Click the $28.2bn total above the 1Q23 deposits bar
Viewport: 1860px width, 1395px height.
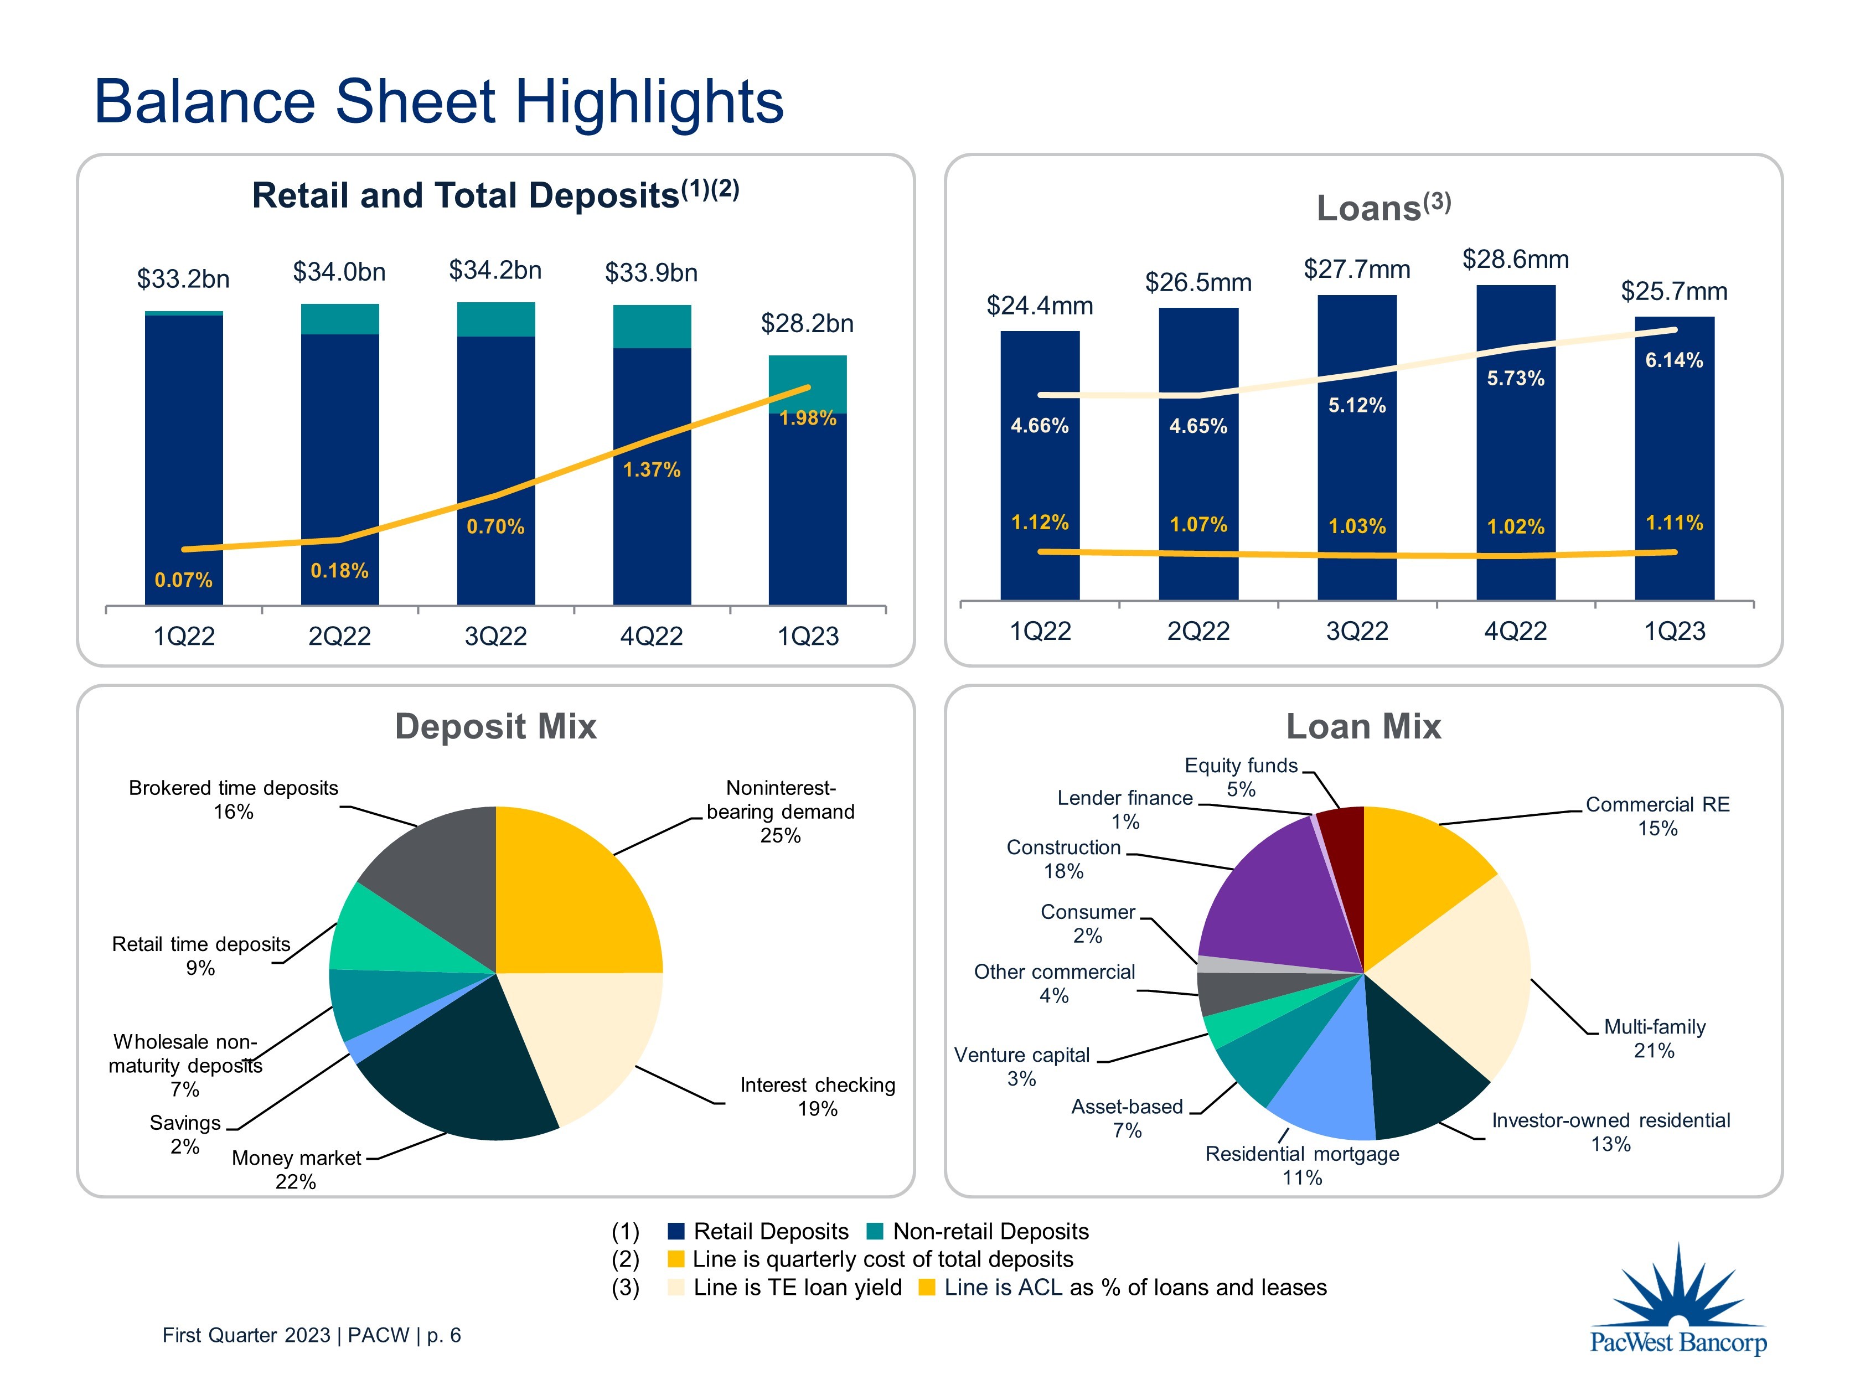point(807,324)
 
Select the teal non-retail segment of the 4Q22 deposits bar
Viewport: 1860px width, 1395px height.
point(652,326)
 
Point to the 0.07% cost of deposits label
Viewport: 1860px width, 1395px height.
point(183,580)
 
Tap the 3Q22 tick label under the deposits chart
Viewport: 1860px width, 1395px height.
point(495,637)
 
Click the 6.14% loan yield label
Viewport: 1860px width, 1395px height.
point(1673,361)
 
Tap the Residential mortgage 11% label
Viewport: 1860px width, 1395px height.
point(1301,1165)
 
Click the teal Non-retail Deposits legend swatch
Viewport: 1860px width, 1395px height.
point(875,1231)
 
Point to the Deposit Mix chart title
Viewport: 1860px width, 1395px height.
point(495,726)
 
